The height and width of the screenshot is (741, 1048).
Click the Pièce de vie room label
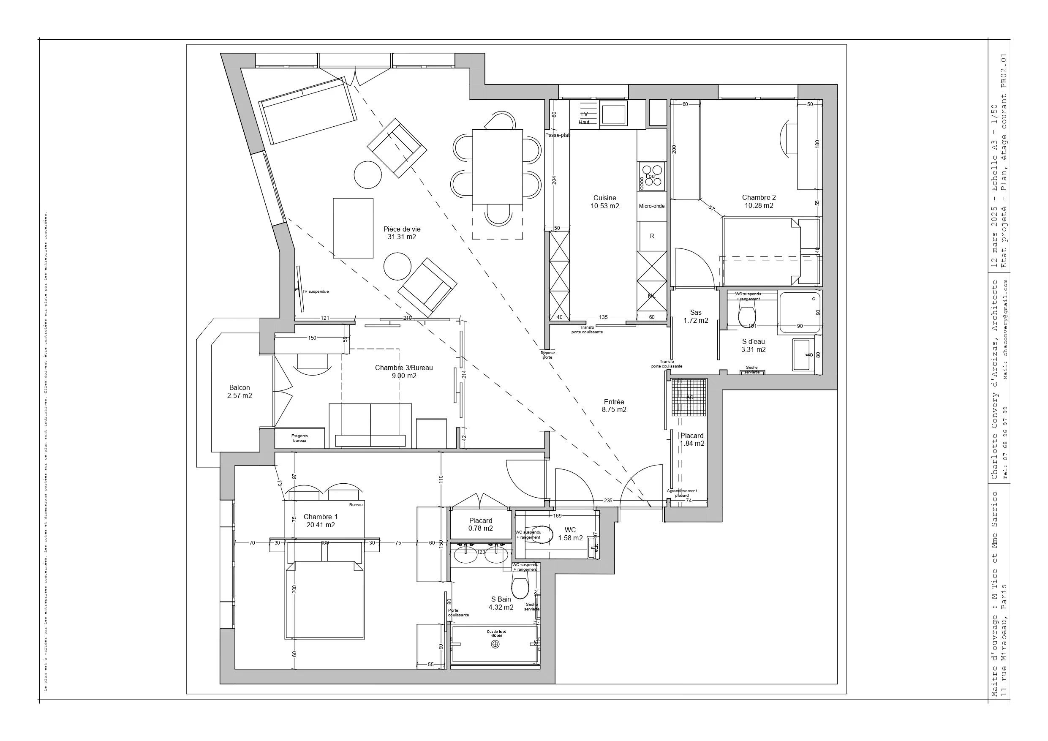click(402, 233)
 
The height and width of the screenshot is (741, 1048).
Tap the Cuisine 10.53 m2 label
click(604, 202)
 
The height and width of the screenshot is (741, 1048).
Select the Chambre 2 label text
click(759, 198)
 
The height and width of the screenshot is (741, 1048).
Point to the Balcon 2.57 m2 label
click(240, 392)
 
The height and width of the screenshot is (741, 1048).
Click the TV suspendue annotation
click(315, 291)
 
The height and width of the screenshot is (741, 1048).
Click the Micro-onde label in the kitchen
click(651, 206)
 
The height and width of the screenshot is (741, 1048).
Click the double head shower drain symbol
click(495, 644)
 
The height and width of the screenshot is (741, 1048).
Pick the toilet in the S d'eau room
click(747, 315)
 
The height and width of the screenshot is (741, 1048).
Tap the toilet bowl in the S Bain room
click(520, 586)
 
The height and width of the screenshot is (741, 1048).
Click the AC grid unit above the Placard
click(689, 397)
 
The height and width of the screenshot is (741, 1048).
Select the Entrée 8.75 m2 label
click(614, 406)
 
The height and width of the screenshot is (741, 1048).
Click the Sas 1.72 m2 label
click(696, 316)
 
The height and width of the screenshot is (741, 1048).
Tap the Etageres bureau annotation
click(299, 438)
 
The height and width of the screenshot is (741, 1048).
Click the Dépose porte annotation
click(547, 355)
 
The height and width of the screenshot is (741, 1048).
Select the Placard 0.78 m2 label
click(480, 524)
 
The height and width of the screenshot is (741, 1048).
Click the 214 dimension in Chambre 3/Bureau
click(464, 374)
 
